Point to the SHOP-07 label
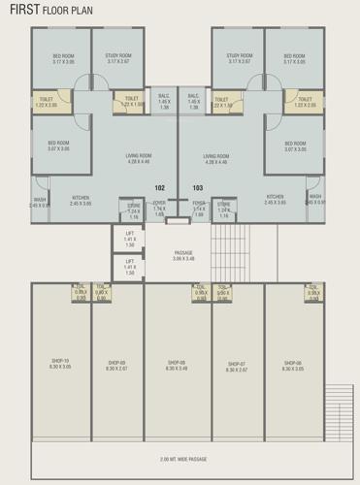pyautogui.click(x=236, y=366)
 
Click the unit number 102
pyautogui.click(x=161, y=187)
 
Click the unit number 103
pyautogui.click(x=198, y=187)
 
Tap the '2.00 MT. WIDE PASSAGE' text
pyautogui.click(x=179, y=457)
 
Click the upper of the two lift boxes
pyautogui.click(x=130, y=240)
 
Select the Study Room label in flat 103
pyautogui.click(x=239, y=59)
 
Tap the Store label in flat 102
pyautogui.click(x=135, y=208)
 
